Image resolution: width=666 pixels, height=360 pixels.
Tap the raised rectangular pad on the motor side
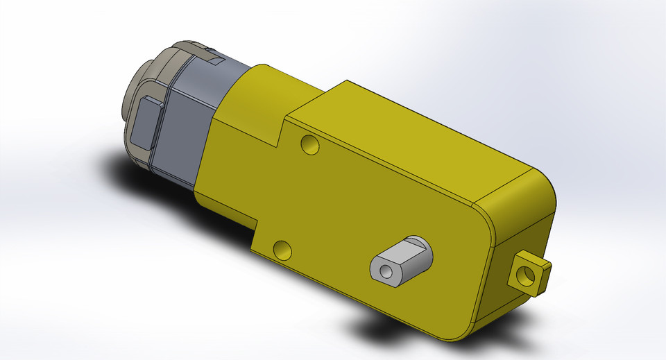(x=146, y=121)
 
